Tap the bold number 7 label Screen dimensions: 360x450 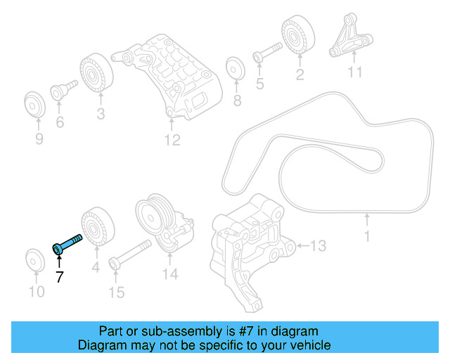tap(59, 277)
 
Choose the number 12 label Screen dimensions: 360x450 tap(172, 141)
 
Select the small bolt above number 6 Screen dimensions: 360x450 tap(60, 91)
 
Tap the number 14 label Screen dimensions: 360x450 tap(171, 274)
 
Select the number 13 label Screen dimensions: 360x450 tap(319, 245)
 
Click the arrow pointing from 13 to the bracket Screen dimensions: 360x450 tap(303, 245)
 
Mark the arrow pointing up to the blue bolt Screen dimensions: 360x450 tap(59, 261)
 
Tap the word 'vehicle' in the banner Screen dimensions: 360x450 tap(307, 345)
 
